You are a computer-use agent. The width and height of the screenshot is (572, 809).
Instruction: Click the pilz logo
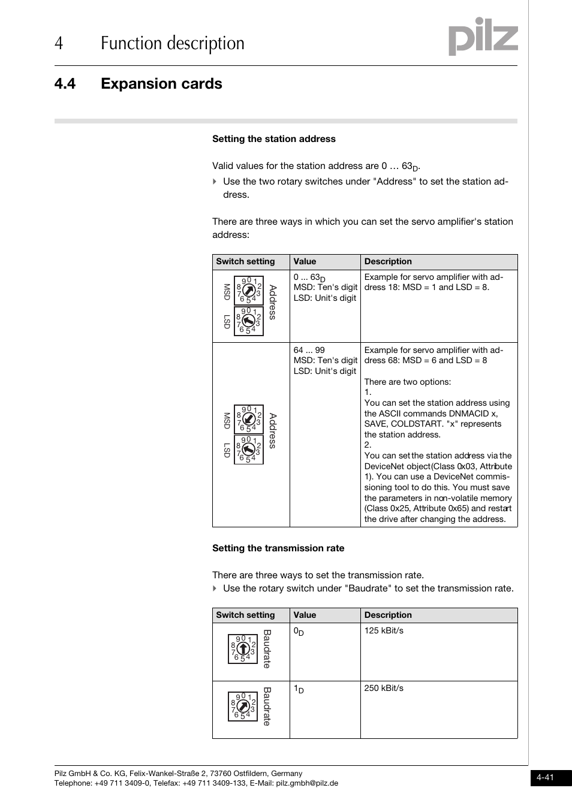coord(483,37)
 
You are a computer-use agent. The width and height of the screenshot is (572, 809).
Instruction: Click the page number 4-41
coord(545,778)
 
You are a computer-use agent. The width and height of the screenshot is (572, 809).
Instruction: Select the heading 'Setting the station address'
coord(274,139)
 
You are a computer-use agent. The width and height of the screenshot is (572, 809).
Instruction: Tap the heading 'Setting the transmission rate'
coord(278,548)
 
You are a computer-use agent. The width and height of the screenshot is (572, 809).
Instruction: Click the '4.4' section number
coord(65,84)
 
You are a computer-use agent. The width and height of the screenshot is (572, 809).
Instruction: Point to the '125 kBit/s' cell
coord(384,631)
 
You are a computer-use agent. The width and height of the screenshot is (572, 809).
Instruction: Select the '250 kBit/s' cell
coord(384,689)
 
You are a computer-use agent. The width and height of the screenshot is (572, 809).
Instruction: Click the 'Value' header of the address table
coord(305,262)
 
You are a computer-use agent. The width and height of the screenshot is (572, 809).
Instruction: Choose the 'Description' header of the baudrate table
coord(388,615)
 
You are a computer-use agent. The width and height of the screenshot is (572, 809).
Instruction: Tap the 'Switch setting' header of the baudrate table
coord(245,615)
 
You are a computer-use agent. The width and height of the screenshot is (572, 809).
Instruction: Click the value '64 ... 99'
coord(309,351)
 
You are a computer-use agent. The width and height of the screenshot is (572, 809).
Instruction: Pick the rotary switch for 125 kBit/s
coord(243,649)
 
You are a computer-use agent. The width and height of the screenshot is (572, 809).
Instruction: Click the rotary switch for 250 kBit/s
coord(243,707)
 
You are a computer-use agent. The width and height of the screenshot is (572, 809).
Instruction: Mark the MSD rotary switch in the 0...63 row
coord(248,291)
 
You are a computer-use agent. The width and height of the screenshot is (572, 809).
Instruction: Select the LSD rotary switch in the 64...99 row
coord(248,450)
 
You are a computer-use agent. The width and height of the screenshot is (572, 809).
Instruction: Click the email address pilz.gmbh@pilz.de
coord(307,783)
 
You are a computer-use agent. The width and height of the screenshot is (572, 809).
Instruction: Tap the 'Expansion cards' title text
coord(161,84)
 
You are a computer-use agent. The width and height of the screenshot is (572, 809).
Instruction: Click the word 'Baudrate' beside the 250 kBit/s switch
coord(267,707)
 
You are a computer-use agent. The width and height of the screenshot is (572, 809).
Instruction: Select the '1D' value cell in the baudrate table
coord(299,690)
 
